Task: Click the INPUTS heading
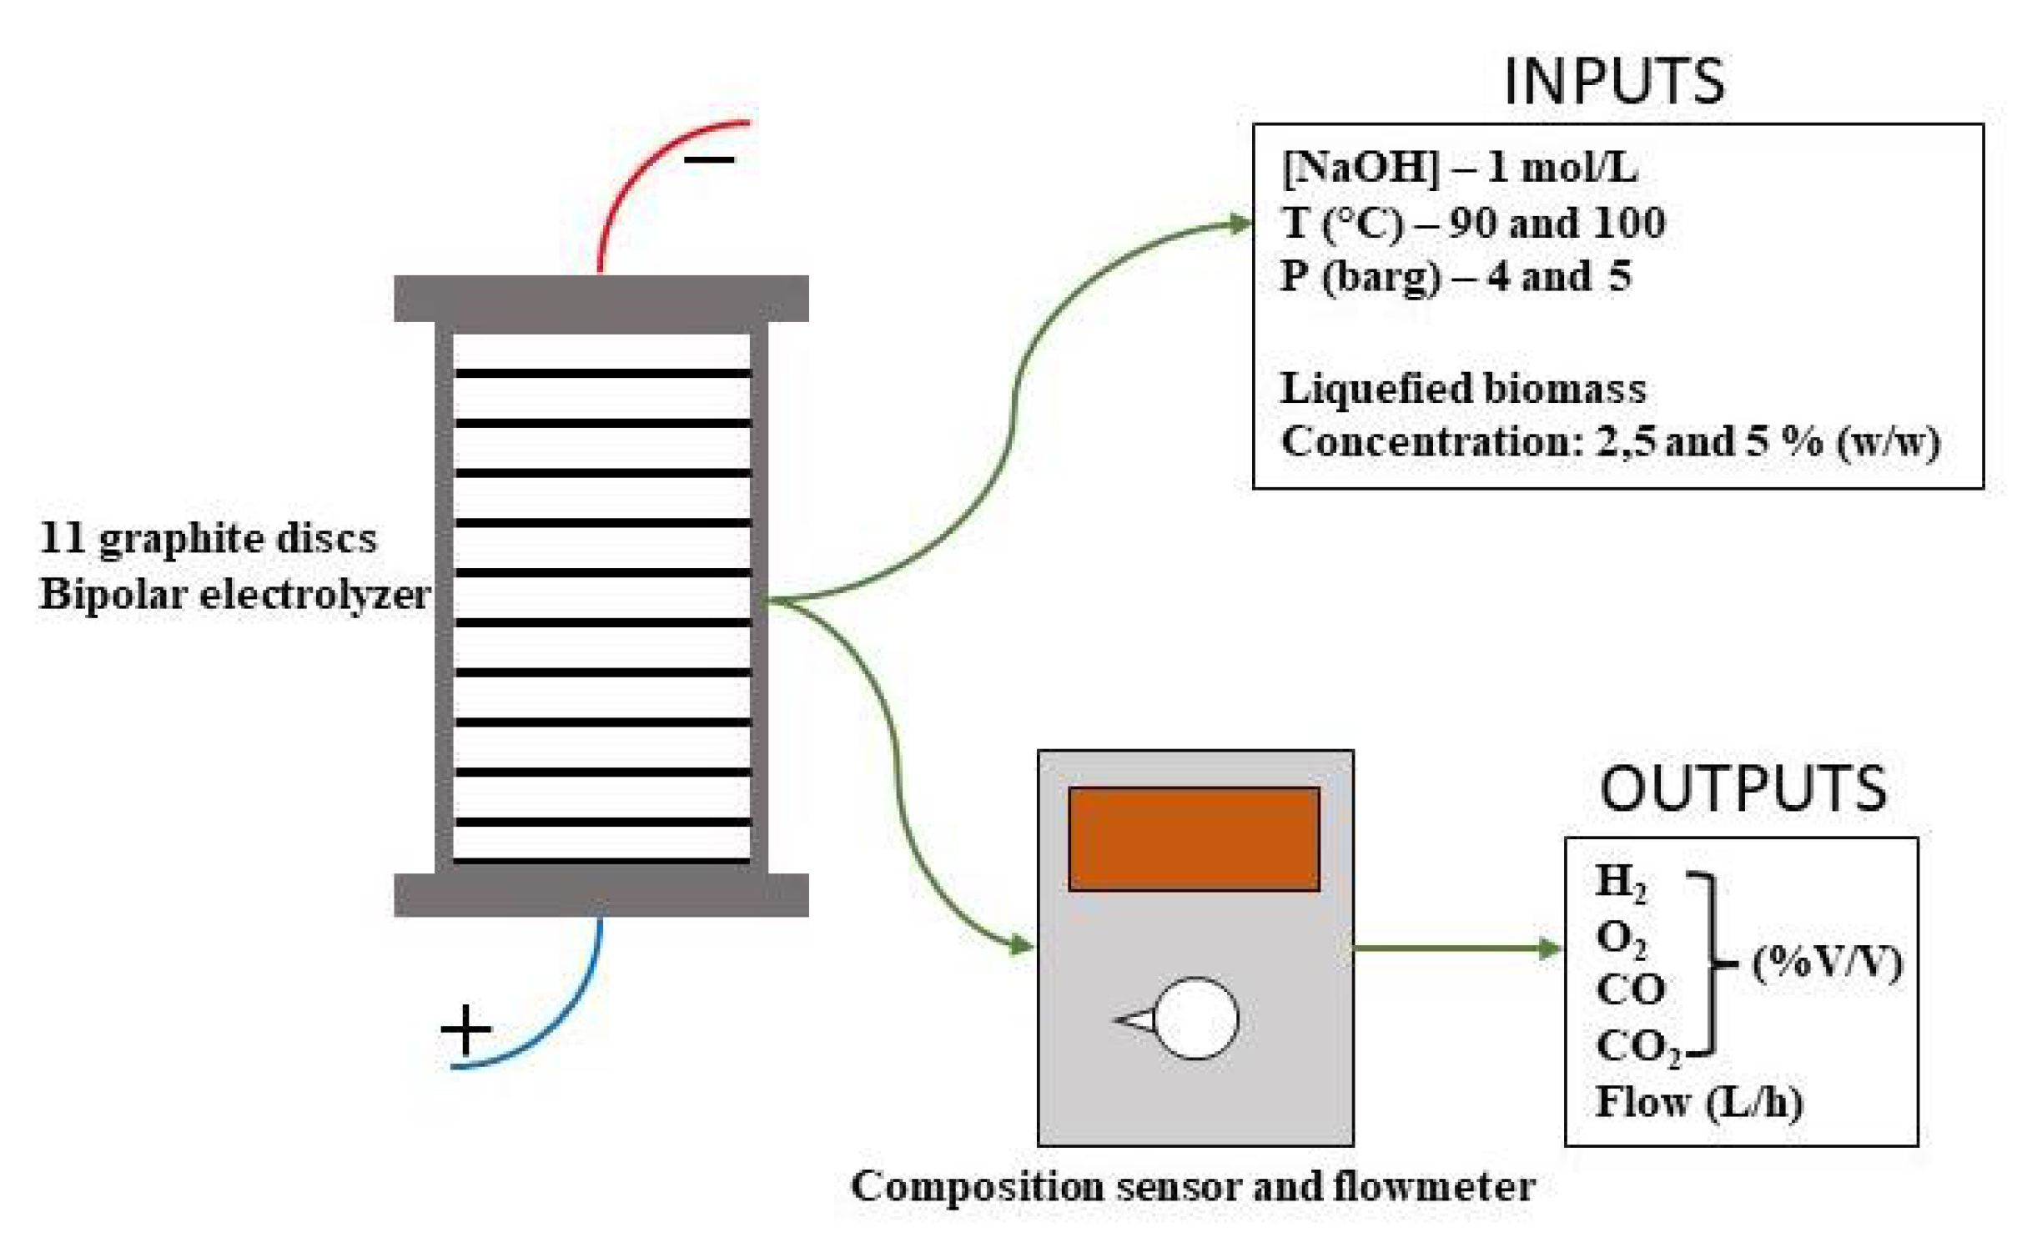pos(1613,82)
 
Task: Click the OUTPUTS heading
pos(1743,788)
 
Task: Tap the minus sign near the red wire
pos(709,159)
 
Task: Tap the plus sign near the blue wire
pos(465,1029)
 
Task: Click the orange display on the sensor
pos(1194,839)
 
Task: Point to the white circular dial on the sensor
pos(1196,1019)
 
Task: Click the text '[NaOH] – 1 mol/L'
pos(1460,168)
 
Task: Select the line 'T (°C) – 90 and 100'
pos(1473,223)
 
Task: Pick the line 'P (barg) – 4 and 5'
pos(1456,276)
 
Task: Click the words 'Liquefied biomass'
pos(1463,389)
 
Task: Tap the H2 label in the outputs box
pos(1620,882)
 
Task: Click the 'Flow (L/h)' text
pos(1698,1102)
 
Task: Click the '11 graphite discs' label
pos(209,538)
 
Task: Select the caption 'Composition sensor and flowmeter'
pos(1193,1186)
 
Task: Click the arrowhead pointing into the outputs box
pos(1550,949)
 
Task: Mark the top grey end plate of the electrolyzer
pos(601,298)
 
